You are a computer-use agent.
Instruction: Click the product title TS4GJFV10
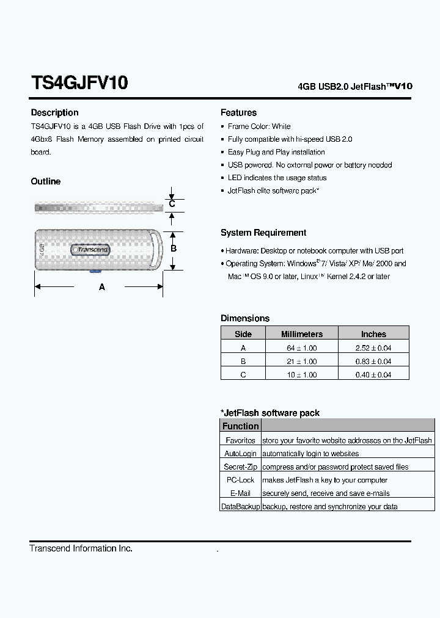(x=79, y=83)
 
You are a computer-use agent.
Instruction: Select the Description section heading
(x=54, y=112)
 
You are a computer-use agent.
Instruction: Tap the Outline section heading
(x=46, y=181)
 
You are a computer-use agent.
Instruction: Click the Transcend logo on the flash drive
(x=91, y=249)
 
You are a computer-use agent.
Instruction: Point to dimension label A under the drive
(x=102, y=286)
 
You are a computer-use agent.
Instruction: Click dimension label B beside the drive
(x=174, y=249)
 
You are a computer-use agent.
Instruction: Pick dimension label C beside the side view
(x=172, y=204)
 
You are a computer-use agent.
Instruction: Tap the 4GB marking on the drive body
(x=42, y=249)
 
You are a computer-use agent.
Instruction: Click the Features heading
(x=238, y=112)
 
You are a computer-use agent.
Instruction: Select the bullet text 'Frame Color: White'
(x=259, y=126)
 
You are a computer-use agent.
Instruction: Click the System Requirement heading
(x=263, y=233)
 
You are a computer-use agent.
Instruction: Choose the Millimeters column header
(x=301, y=334)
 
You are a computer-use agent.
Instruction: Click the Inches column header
(x=373, y=334)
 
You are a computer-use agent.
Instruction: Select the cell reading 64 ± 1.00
(x=301, y=348)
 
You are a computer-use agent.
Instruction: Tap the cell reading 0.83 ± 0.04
(x=373, y=362)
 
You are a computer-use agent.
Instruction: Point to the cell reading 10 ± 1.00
(x=301, y=375)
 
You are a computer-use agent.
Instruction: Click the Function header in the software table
(x=240, y=426)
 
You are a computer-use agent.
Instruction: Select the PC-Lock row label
(x=240, y=480)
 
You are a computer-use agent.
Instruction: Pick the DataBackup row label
(x=240, y=507)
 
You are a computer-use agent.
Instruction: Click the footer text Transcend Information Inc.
(x=81, y=548)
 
